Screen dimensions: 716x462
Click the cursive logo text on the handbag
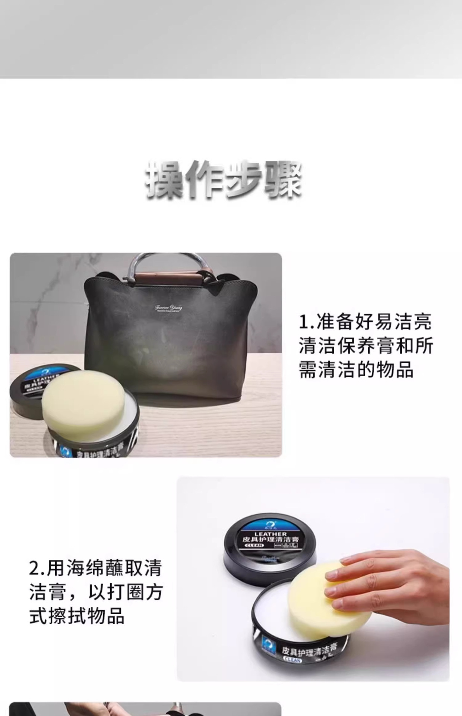168,308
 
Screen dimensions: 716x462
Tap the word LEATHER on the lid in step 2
270,534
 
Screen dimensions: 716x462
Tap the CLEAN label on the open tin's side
292,660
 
